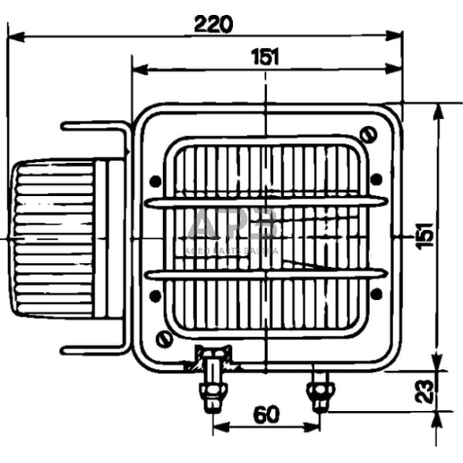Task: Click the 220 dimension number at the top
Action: click(213, 24)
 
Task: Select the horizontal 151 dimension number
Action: click(265, 57)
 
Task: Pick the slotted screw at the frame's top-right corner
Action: click(366, 133)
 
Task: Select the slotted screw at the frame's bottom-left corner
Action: click(165, 339)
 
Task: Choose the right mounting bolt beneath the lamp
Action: click(319, 391)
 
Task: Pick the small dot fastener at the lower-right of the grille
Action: click(376, 294)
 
